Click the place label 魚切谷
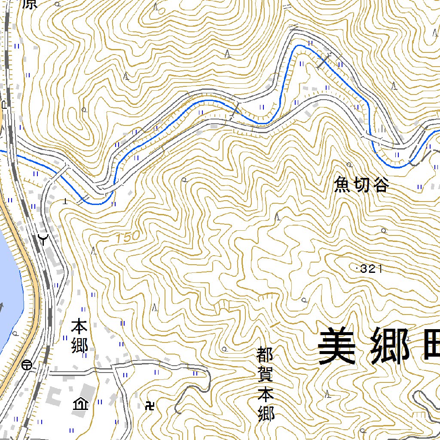pos(361,185)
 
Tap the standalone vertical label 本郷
pos(79,336)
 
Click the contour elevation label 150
pos(128,236)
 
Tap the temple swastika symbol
pos(151,405)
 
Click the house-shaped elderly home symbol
pos(80,404)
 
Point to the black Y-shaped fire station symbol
pos(43,238)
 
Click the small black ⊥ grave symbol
pos(65,200)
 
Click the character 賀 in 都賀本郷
pos(266,375)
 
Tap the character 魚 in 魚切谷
pos(342,185)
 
